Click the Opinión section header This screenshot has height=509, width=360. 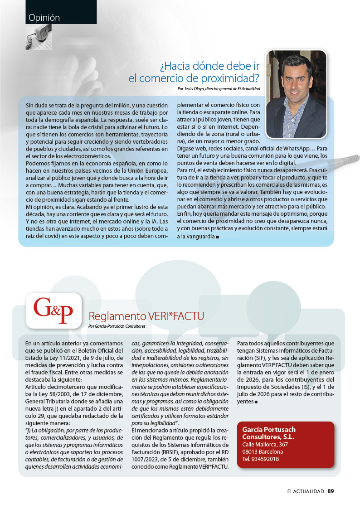[x=44, y=18]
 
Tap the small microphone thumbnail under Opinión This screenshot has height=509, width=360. [x=39, y=37]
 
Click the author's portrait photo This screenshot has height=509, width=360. [x=296, y=94]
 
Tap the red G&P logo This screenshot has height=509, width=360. [x=53, y=310]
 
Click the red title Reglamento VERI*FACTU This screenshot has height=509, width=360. [x=146, y=316]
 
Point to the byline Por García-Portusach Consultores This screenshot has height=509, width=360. [x=117, y=326]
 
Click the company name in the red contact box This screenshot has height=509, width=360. [x=268, y=433]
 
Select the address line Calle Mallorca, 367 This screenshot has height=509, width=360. [x=265, y=444]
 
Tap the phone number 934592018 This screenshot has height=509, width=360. [x=261, y=459]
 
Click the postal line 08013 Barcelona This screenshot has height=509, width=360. [x=263, y=451]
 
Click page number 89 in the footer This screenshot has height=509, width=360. [x=331, y=491]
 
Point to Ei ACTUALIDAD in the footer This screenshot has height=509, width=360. [x=306, y=491]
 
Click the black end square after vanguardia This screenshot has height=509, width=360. [x=219, y=237]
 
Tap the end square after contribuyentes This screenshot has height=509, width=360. [x=257, y=402]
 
